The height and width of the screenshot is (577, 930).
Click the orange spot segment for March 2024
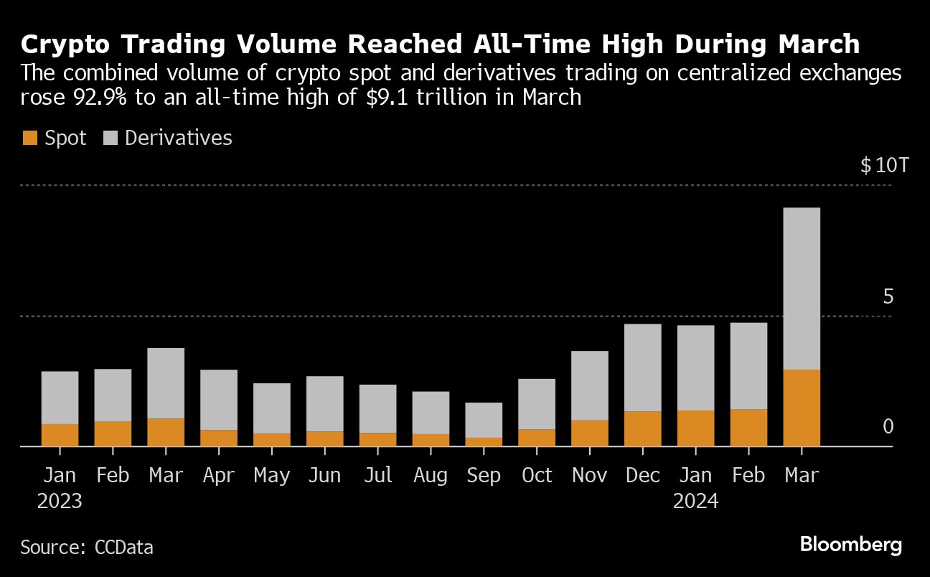(801, 408)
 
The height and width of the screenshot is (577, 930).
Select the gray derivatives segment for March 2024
(801, 288)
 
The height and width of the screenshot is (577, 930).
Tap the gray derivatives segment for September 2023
(484, 420)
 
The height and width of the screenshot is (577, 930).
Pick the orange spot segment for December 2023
(642, 428)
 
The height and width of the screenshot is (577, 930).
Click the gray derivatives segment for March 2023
(166, 383)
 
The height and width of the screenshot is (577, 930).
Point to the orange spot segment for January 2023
(60, 435)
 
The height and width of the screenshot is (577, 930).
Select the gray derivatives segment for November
(589, 385)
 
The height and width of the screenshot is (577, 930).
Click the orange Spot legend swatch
(29, 139)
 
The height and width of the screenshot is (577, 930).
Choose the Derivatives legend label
(178, 139)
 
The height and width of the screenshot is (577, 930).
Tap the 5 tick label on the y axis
(888, 297)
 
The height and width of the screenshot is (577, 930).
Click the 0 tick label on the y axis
(888, 427)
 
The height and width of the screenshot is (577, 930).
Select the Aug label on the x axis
(431, 475)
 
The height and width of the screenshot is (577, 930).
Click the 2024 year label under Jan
(695, 501)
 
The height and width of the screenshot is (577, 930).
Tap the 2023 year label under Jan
(60, 501)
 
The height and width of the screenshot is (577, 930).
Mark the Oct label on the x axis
(537, 475)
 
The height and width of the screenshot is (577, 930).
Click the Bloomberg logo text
(850, 545)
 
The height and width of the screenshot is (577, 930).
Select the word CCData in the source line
(123, 548)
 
